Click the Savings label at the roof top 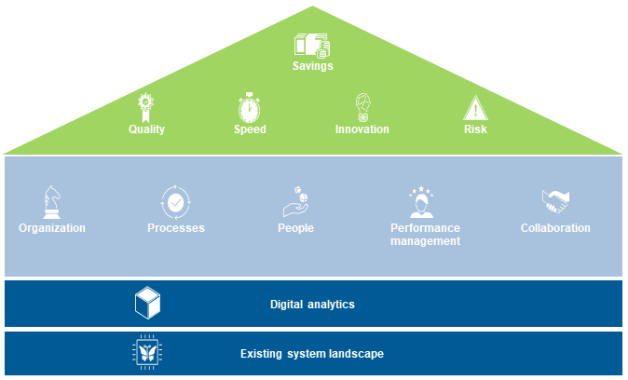(x=313, y=66)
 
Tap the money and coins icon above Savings (x=312, y=46)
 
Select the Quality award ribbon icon (x=145, y=107)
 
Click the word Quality (x=146, y=129)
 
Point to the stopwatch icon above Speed (x=249, y=107)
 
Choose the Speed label (x=250, y=129)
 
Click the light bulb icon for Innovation (x=362, y=107)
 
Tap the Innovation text (x=362, y=129)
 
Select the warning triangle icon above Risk (x=475, y=108)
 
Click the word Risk (x=475, y=129)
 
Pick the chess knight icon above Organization (x=52, y=202)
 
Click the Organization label (x=52, y=228)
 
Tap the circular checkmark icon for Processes (x=175, y=202)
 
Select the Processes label (x=176, y=228)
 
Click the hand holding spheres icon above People (x=295, y=201)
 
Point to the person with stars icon (x=421, y=202)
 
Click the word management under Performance (x=425, y=241)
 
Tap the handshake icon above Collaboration (x=555, y=201)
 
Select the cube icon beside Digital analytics (x=147, y=303)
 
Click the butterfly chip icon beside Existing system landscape (x=147, y=352)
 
